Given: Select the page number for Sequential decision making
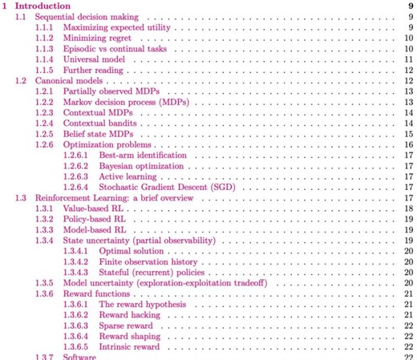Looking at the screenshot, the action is pyautogui.click(x=410, y=16).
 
